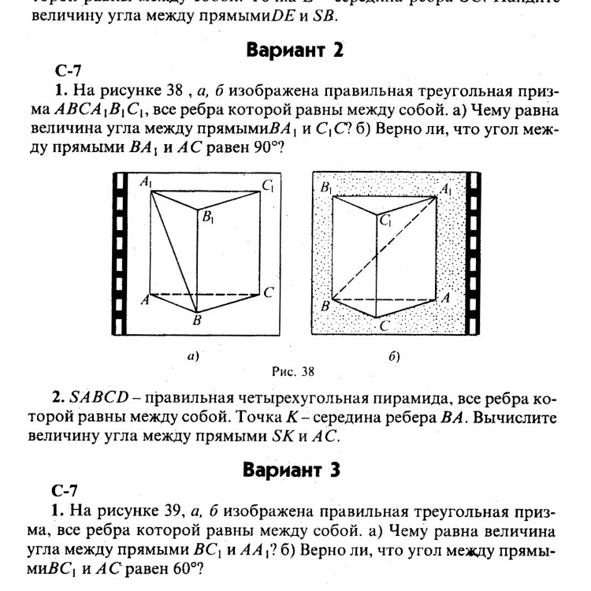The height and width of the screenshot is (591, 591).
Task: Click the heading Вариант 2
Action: (x=295, y=51)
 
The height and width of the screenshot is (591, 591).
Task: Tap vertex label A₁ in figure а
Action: (x=146, y=183)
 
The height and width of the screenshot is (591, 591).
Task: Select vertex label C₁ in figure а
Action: (x=269, y=187)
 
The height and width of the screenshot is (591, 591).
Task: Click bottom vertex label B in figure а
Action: (x=198, y=321)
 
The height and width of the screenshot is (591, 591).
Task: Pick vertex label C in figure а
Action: (x=268, y=293)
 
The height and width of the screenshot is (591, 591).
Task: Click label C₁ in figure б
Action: (x=386, y=223)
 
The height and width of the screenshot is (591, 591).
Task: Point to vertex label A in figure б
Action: (x=444, y=298)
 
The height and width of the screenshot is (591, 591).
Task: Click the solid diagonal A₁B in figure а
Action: (x=173, y=251)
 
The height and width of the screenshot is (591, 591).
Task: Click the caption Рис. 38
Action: (x=292, y=370)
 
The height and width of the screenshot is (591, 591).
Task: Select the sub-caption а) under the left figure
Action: (x=192, y=356)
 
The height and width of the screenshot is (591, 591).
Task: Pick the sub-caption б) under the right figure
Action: (x=395, y=356)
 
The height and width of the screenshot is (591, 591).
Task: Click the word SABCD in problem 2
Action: (x=96, y=397)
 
